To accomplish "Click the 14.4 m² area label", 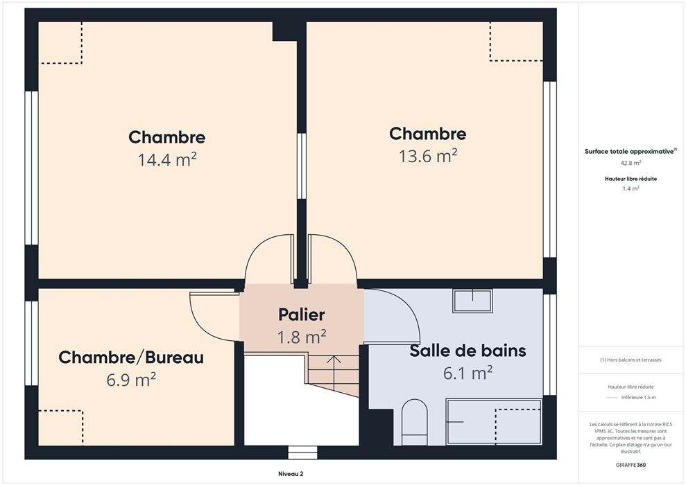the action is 167,159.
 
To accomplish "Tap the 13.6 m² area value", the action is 428,156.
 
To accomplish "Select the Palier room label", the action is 302,315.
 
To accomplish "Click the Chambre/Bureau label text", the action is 131,358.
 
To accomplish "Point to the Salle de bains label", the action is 468,351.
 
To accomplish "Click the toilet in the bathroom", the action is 414,422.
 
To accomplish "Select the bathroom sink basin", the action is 472,301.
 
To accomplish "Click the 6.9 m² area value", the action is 131,380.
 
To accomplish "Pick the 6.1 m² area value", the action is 468,373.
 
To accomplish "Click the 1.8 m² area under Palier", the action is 302,337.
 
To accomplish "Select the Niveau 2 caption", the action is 291,474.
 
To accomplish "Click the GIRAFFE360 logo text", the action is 631,465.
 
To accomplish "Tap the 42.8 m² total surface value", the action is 631,163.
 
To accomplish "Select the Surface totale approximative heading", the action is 631,151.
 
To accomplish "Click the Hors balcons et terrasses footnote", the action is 631,360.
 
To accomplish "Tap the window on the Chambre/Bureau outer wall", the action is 31,343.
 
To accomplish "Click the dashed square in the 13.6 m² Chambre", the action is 517,42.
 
